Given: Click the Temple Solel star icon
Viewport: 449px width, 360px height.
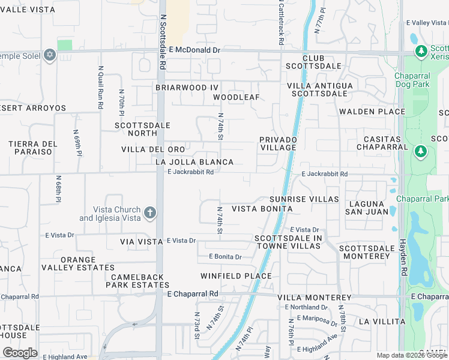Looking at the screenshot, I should click(x=50, y=56).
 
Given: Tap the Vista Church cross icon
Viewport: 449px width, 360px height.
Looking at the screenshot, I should click(x=150, y=212).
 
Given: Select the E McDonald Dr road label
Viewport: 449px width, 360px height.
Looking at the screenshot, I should click(x=194, y=50).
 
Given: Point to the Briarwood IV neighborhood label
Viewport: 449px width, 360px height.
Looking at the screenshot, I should click(x=187, y=88).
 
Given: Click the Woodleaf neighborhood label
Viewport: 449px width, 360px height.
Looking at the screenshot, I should click(x=236, y=97).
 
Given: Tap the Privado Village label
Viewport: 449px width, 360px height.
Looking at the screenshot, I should click(x=278, y=143).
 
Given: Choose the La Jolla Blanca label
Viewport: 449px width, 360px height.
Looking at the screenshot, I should click(x=194, y=162).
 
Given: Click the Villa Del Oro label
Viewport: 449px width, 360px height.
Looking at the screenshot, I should click(x=153, y=149).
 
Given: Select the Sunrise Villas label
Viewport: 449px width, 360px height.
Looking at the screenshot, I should click(x=304, y=199).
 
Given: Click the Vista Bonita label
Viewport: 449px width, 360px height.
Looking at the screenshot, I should click(x=262, y=209).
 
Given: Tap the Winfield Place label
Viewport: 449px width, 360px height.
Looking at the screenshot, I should click(x=236, y=276).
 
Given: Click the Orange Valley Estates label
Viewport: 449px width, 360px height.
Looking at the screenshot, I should click(x=86, y=263).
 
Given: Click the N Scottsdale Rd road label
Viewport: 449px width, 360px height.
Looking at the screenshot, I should click(x=162, y=35).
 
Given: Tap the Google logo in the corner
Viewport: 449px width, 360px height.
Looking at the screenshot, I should click(x=20, y=353).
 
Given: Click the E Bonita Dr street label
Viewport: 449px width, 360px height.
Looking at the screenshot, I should click(x=225, y=257).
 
